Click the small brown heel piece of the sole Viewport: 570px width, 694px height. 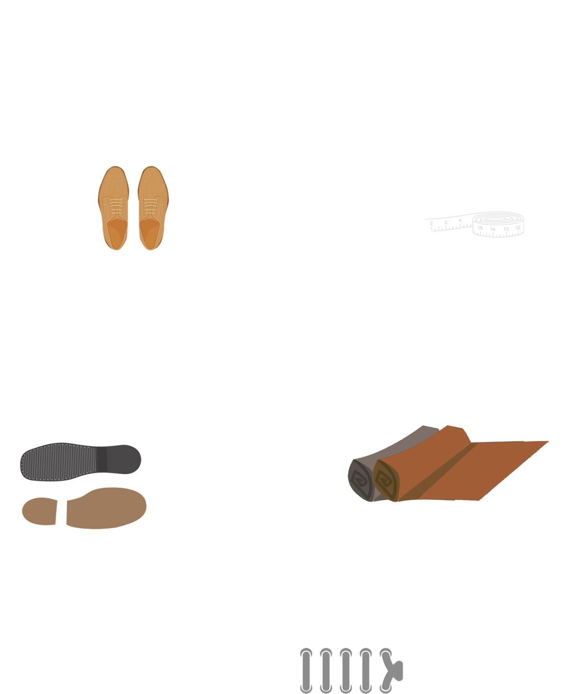tap(39, 511)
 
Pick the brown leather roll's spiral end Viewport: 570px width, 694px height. tap(387, 481)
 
